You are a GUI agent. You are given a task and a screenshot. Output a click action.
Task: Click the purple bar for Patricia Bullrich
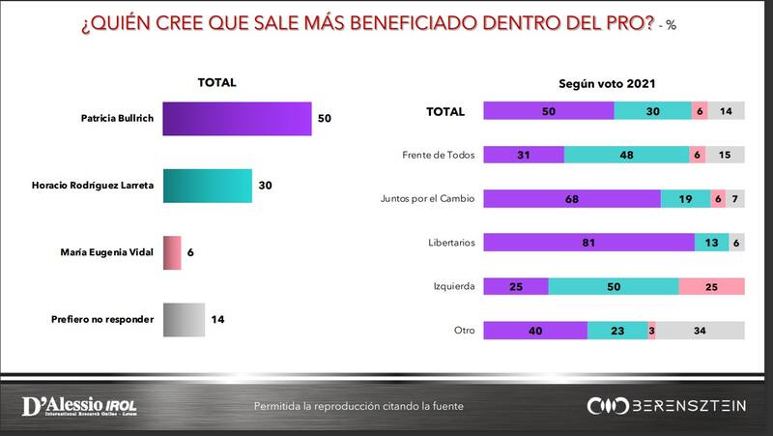coord(237,120)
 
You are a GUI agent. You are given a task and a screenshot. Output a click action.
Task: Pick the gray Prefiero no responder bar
coord(183,318)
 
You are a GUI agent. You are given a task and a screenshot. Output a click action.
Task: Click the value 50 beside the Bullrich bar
coord(325,120)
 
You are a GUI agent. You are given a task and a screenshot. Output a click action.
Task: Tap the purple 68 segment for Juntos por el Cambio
coord(571,199)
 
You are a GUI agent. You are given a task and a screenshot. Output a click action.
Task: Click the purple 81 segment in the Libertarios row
coord(587,243)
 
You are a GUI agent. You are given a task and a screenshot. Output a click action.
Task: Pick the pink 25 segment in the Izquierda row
coord(711,287)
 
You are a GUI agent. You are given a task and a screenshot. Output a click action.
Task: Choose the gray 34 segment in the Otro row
coord(701,331)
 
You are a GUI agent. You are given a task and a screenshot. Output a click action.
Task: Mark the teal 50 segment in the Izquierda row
coord(614,287)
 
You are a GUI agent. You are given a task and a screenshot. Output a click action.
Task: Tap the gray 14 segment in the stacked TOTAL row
coord(726,112)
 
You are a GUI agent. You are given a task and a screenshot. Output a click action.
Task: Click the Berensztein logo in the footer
coord(666,406)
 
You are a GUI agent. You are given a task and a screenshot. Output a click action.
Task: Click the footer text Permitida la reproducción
coord(358,406)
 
